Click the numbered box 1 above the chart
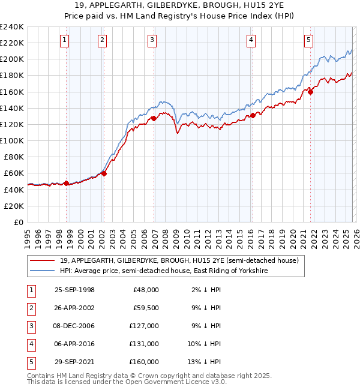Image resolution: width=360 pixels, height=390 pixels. [64, 40]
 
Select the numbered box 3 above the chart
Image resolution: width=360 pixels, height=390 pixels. [152, 40]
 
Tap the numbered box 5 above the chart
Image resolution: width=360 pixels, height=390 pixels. [308, 40]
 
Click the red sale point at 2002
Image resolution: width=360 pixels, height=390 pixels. [104, 174]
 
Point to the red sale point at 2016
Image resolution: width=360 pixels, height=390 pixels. [253, 115]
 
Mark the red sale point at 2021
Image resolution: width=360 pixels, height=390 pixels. [311, 92]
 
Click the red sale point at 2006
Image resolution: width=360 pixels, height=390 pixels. [154, 119]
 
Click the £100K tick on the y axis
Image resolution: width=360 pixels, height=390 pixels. [12, 140]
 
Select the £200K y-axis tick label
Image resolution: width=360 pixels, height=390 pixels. [12, 59]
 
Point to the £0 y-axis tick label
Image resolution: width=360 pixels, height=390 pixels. [17, 222]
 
